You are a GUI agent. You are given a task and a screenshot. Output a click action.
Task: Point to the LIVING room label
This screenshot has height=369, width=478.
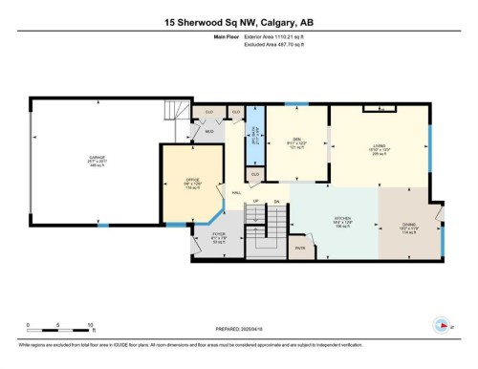[x=380, y=145]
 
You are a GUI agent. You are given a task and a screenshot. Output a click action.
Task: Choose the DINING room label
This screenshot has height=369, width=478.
[x=408, y=227]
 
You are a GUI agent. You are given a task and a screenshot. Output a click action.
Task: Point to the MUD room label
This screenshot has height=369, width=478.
[x=208, y=132]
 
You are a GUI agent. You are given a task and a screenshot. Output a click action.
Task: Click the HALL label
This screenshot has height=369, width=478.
[x=236, y=191]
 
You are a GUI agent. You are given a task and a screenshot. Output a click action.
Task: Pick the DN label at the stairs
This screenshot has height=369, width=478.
[x=275, y=202]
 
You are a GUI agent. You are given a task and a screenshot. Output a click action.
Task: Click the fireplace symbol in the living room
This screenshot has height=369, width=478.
[x=380, y=109]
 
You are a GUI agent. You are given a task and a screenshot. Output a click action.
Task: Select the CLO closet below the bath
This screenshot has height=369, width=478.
[x=255, y=175]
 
